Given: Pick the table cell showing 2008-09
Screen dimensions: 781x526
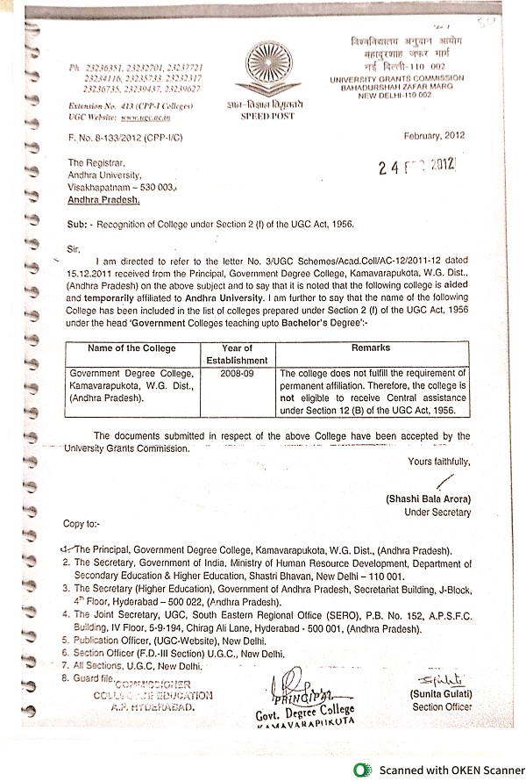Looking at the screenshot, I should tap(236, 373).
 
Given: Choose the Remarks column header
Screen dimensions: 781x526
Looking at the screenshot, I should tap(370, 348).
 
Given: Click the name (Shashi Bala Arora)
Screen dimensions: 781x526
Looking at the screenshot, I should tap(427, 498).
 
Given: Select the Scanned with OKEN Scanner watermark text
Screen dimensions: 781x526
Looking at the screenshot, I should tap(447, 770).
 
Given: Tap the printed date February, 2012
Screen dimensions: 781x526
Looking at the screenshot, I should tap(433, 136).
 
